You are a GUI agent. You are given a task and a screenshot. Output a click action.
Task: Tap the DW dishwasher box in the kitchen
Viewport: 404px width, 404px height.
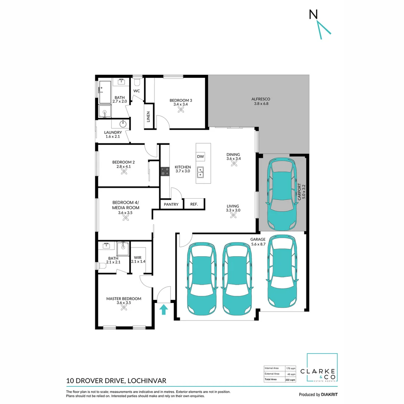(x=200, y=156)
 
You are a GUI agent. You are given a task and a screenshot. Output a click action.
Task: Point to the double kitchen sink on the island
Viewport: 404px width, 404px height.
(x=201, y=172)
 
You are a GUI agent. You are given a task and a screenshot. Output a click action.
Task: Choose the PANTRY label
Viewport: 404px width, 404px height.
(x=171, y=204)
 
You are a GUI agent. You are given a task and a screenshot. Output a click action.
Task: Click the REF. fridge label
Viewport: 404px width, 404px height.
(x=194, y=204)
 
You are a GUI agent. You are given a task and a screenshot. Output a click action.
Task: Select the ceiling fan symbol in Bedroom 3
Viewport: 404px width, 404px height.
(x=181, y=110)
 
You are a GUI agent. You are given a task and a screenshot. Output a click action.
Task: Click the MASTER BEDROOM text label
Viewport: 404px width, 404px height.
(x=123, y=299)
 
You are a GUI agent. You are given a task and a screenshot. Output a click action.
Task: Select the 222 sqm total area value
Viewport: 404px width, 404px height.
(x=290, y=379)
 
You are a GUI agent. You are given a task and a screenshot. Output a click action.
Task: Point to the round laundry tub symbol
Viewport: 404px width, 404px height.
(x=123, y=124)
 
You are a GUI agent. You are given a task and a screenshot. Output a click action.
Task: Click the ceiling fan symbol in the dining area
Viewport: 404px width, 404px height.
(x=233, y=164)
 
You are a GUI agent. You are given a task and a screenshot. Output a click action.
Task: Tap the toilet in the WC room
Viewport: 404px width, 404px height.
(x=137, y=81)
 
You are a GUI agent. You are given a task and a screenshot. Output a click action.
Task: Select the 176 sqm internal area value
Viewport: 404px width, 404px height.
(x=290, y=368)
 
